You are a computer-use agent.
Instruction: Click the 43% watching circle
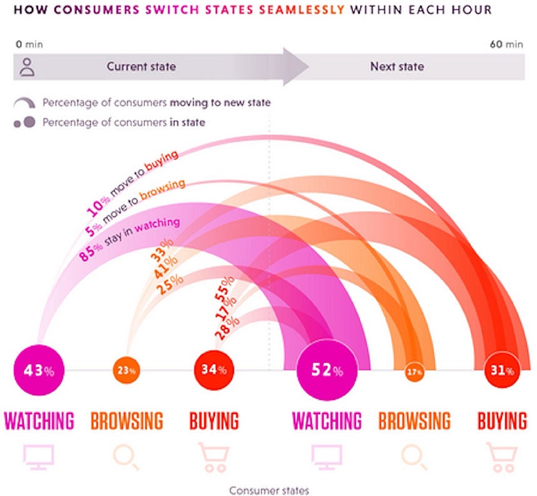[39, 370]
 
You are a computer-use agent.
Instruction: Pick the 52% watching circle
[327, 372]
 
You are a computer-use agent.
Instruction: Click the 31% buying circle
[503, 371]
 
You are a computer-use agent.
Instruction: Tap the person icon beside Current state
[26, 67]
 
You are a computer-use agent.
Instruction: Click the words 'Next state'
[396, 66]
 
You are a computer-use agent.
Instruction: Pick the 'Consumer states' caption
[269, 490]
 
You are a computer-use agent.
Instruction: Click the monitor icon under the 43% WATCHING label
[39, 456]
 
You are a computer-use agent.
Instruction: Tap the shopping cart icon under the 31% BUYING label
[502, 457]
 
